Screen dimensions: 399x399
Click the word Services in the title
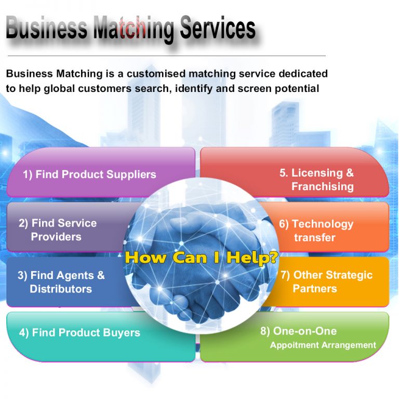218,29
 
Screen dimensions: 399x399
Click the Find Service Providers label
58,230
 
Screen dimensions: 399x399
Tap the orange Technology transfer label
316,231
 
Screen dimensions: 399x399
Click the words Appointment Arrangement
323,345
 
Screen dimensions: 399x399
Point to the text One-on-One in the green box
305,331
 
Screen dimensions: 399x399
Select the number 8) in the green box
265,331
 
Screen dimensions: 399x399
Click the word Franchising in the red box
322,187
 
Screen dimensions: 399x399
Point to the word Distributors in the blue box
61,289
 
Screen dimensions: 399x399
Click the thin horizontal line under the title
166,56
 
